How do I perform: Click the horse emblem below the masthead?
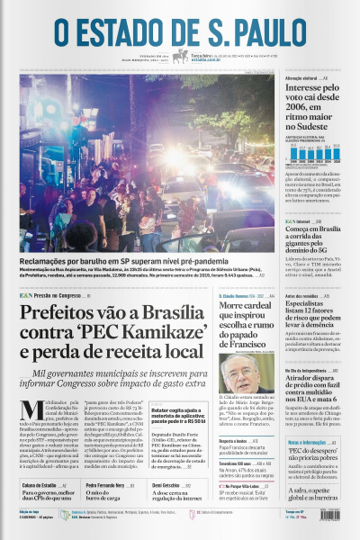click(180, 56)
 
